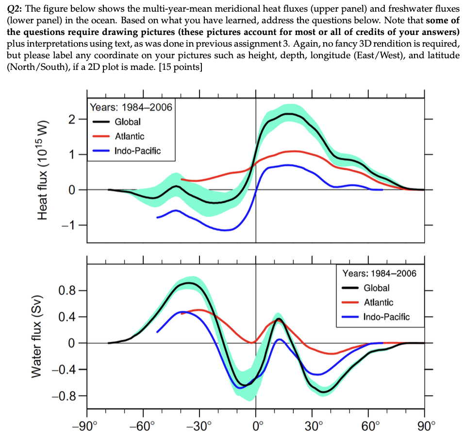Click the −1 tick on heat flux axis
coord(69,225)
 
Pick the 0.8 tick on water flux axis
coord(66,291)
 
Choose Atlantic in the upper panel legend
coord(129,136)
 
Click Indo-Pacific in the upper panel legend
coord(137,151)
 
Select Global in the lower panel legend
coord(377,288)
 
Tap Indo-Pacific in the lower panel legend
coord(386,317)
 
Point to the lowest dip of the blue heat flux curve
coord(226,230)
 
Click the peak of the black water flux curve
coord(189,283)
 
